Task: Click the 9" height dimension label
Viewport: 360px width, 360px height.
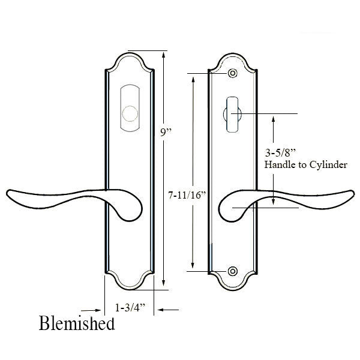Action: point(166,132)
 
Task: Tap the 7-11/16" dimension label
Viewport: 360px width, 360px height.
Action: point(187,196)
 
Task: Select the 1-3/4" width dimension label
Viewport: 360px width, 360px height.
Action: point(130,308)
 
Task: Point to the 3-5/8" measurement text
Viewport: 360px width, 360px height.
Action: point(280,152)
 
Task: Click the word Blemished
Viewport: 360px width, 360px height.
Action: point(77,323)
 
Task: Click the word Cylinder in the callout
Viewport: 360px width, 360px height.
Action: point(328,164)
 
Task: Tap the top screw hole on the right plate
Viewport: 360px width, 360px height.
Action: point(233,73)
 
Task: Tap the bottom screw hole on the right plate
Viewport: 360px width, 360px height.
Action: point(233,271)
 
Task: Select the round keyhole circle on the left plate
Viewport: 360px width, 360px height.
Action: point(130,113)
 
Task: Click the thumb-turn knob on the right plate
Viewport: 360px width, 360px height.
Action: point(232,115)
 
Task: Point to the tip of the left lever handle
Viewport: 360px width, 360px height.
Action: point(7,194)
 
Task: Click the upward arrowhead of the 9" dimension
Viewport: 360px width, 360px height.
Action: point(163,55)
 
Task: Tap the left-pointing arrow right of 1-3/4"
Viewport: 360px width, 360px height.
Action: point(168,310)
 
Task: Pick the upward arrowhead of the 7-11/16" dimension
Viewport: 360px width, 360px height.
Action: point(193,80)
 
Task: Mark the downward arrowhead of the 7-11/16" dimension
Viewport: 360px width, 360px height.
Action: point(193,265)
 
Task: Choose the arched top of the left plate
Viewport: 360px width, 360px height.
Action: point(130,61)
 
